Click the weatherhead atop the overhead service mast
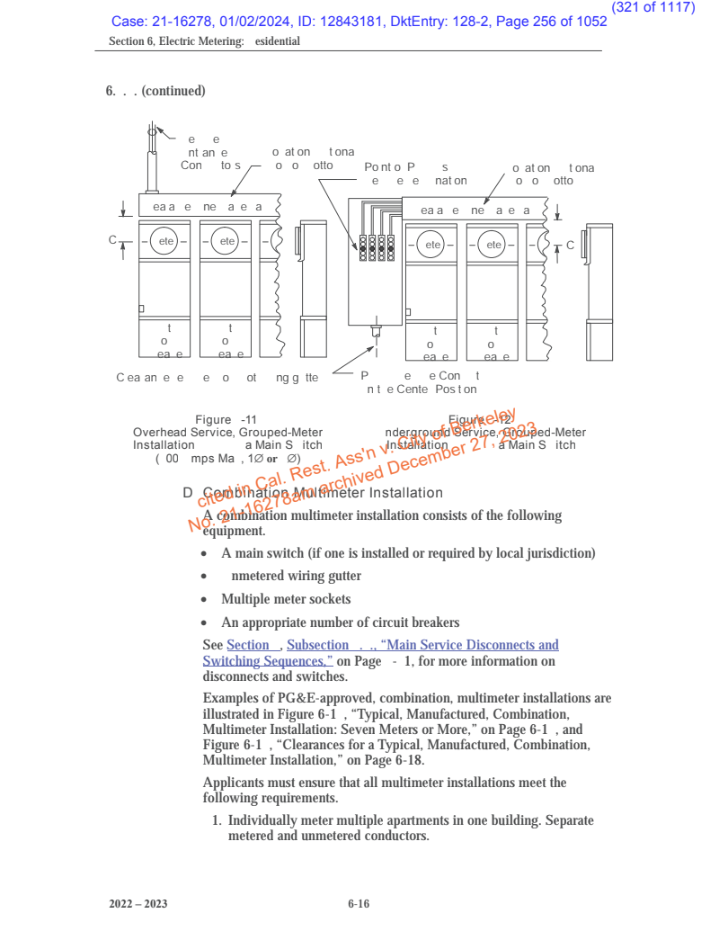pyautogui.click(x=152, y=133)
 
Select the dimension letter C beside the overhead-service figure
pyautogui.click(x=112, y=241)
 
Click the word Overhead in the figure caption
pyautogui.click(x=160, y=433)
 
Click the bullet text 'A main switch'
pyautogui.click(x=261, y=552)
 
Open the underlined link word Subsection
pyautogui.click(x=317, y=645)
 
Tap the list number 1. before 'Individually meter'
pyautogui.click(x=217, y=821)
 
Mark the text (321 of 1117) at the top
pyautogui.click(x=652, y=7)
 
